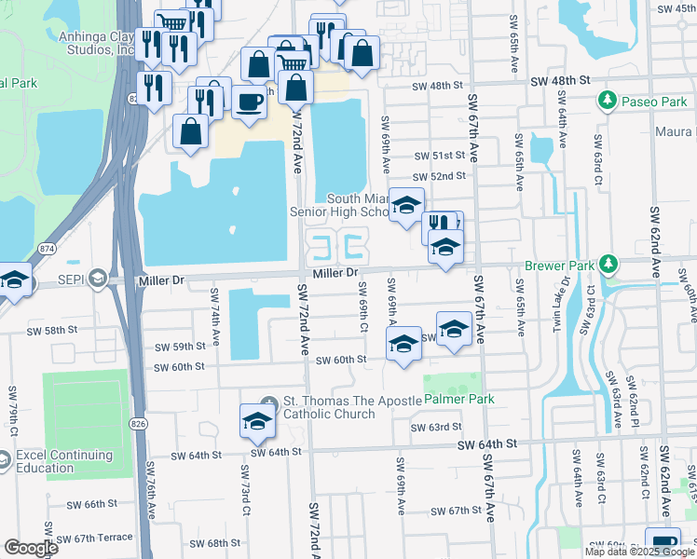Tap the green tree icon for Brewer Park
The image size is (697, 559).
608,265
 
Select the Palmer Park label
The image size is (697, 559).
458,399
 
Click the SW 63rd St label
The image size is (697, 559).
439,427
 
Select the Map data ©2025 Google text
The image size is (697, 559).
639,552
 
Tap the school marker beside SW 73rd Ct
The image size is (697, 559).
258,421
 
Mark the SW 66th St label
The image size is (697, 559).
88,504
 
